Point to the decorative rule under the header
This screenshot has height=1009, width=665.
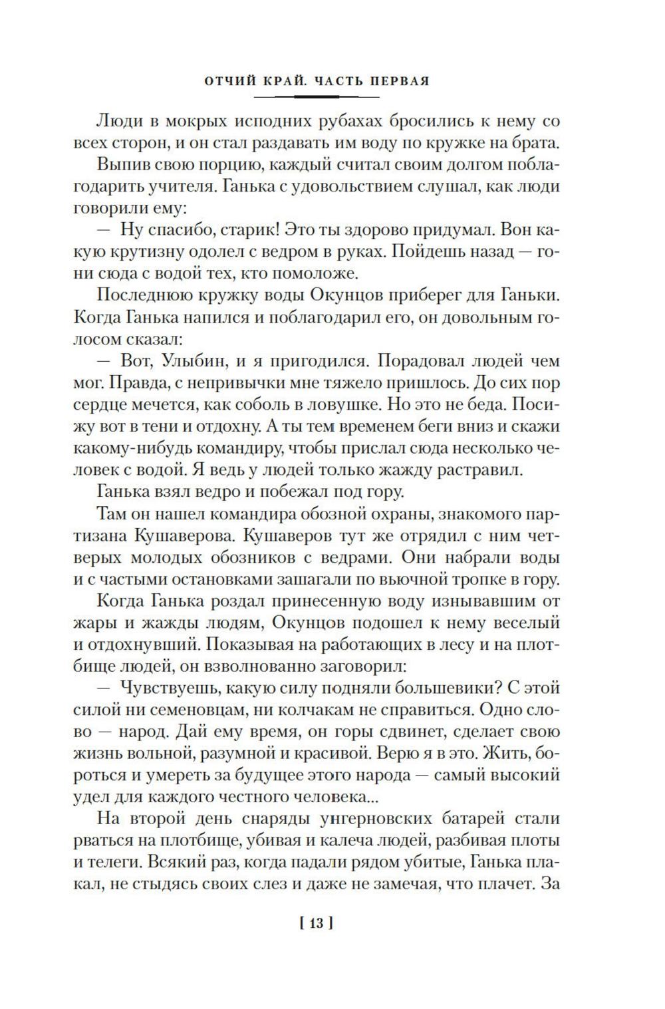pyautogui.click(x=317, y=97)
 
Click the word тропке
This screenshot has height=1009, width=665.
pyautogui.click(x=477, y=579)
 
